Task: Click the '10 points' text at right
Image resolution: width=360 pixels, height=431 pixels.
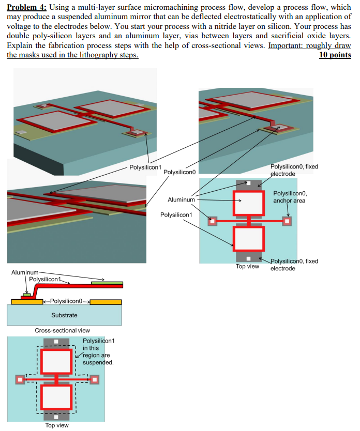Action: click(335, 55)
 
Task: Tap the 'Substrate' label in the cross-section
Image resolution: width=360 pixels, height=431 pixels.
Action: click(64, 315)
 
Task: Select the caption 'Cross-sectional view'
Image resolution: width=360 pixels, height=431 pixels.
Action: click(62, 330)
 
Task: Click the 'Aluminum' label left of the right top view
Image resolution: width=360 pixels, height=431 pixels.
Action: click(181, 199)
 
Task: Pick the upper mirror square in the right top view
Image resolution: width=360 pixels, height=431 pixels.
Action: click(249, 203)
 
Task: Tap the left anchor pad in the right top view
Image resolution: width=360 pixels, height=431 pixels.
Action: click(212, 221)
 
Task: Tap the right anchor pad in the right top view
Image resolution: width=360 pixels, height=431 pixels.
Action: click(288, 221)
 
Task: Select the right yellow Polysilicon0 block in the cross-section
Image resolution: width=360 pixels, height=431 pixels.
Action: click(106, 302)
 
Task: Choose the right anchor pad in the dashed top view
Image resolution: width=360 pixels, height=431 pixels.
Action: click(95, 380)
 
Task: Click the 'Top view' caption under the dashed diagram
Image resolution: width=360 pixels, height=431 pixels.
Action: click(56, 425)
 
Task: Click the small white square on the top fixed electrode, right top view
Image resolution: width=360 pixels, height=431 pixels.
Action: click(249, 183)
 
